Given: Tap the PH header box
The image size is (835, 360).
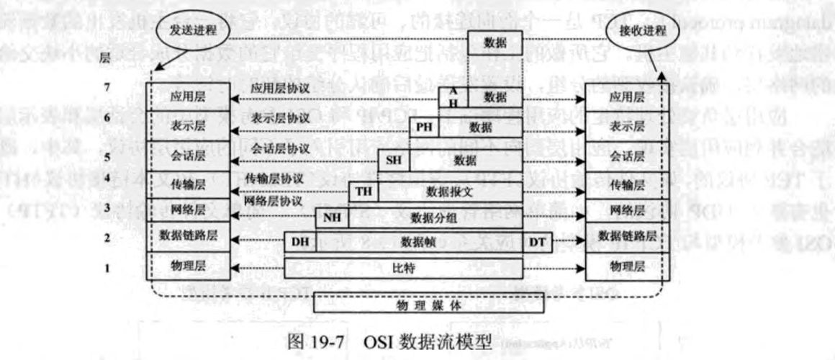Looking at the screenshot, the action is point(423,128).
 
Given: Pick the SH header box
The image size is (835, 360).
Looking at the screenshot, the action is point(394,159).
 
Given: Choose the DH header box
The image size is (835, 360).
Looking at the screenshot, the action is point(299,242).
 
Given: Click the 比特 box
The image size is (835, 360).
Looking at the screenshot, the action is point(402,268).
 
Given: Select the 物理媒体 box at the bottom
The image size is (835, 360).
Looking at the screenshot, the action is point(428,304).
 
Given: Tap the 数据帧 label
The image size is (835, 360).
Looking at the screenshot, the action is point(417,242).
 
